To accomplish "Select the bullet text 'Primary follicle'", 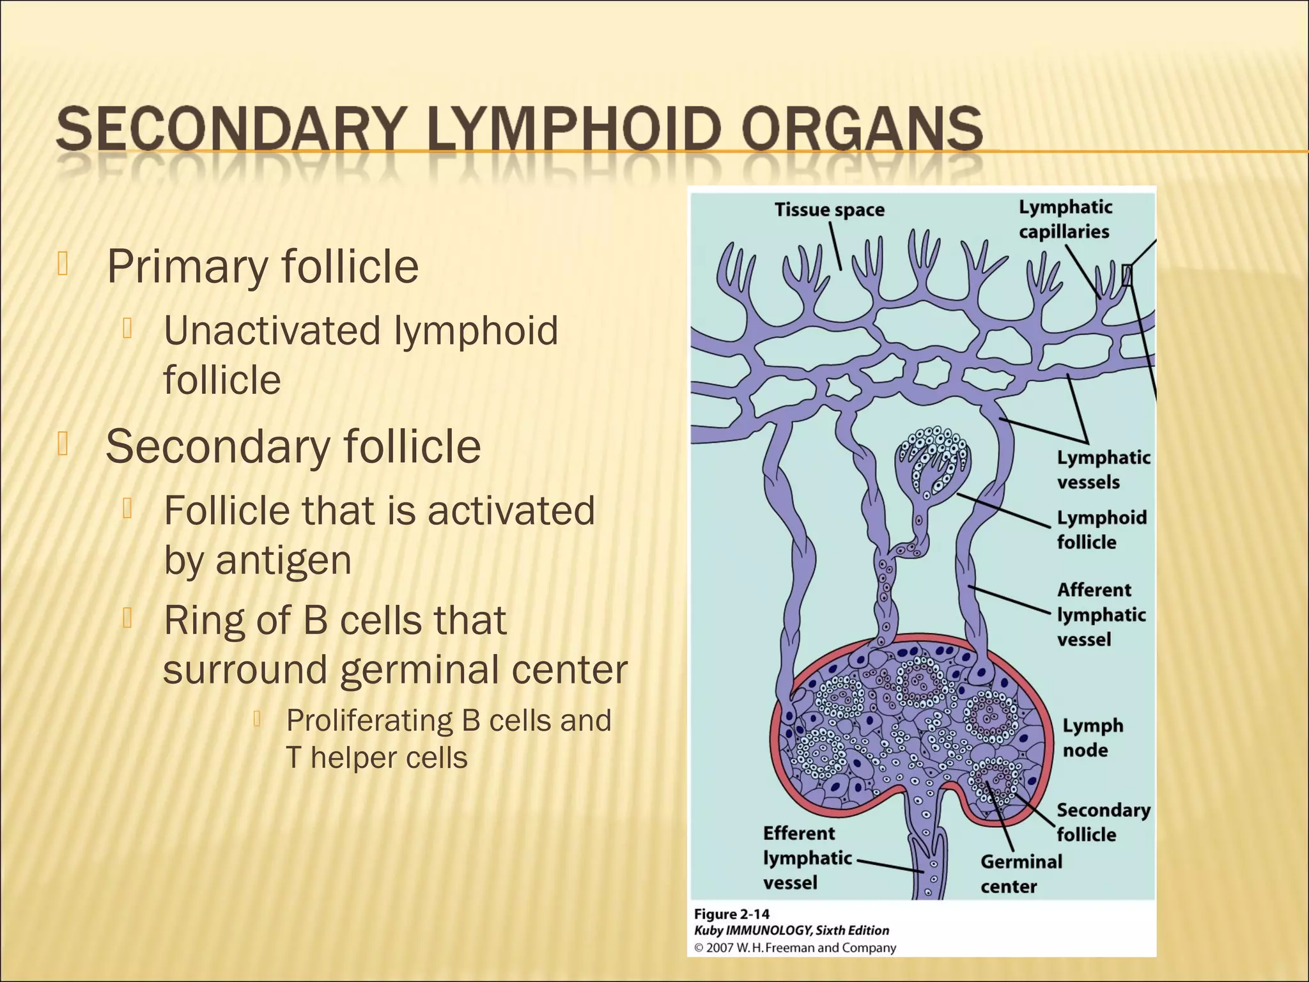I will (x=262, y=267).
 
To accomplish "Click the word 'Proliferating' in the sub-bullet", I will (x=369, y=721).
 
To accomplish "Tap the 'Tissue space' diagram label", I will (x=829, y=210).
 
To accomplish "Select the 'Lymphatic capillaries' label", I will (x=1065, y=219).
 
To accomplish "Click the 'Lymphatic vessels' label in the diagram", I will (x=1103, y=469).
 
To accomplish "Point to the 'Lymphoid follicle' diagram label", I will (x=1101, y=529).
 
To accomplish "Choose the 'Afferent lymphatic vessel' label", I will (x=1101, y=614).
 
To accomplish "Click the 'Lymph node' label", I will (x=1092, y=737).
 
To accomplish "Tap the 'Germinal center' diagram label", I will (x=1021, y=874).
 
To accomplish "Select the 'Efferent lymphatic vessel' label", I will (x=807, y=858).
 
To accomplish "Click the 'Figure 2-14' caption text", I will (x=731, y=914).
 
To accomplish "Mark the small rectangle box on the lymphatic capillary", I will (x=1127, y=276).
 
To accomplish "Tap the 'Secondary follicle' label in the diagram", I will (x=1103, y=822).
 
